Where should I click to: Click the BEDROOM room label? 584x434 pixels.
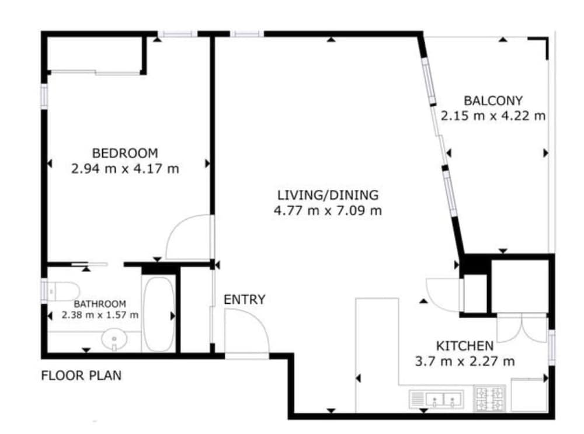(125, 153)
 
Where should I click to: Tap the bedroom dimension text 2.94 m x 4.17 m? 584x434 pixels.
(125, 169)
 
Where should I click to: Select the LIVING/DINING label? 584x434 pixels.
(328, 195)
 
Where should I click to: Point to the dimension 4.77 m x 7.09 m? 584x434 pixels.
(328, 211)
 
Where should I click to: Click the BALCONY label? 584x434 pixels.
(493, 100)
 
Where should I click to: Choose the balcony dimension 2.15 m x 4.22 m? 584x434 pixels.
(493, 116)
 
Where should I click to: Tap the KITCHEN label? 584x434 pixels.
(465, 346)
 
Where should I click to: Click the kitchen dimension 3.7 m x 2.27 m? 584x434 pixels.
(465, 362)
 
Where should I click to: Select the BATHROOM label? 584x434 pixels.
(100, 304)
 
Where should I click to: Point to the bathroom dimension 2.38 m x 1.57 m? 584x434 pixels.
(100, 315)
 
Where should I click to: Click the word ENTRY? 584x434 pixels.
(244, 300)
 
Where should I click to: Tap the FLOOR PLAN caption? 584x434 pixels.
(81, 376)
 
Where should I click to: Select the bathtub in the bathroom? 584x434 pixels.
(159, 314)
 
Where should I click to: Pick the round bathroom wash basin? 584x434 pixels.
(114, 339)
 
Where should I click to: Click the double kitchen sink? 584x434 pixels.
(436, 400)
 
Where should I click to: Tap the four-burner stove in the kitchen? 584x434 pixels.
(490, 398)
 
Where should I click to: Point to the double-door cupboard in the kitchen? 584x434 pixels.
(522, 328)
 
